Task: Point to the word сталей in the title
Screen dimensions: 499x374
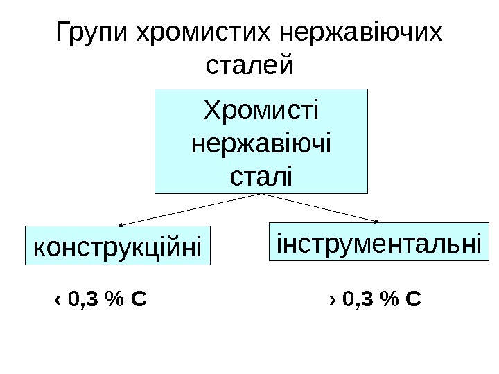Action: click(250, 67)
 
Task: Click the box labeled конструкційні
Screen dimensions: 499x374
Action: click(117, 246)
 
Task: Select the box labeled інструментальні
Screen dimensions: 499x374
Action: click(378, 243)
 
